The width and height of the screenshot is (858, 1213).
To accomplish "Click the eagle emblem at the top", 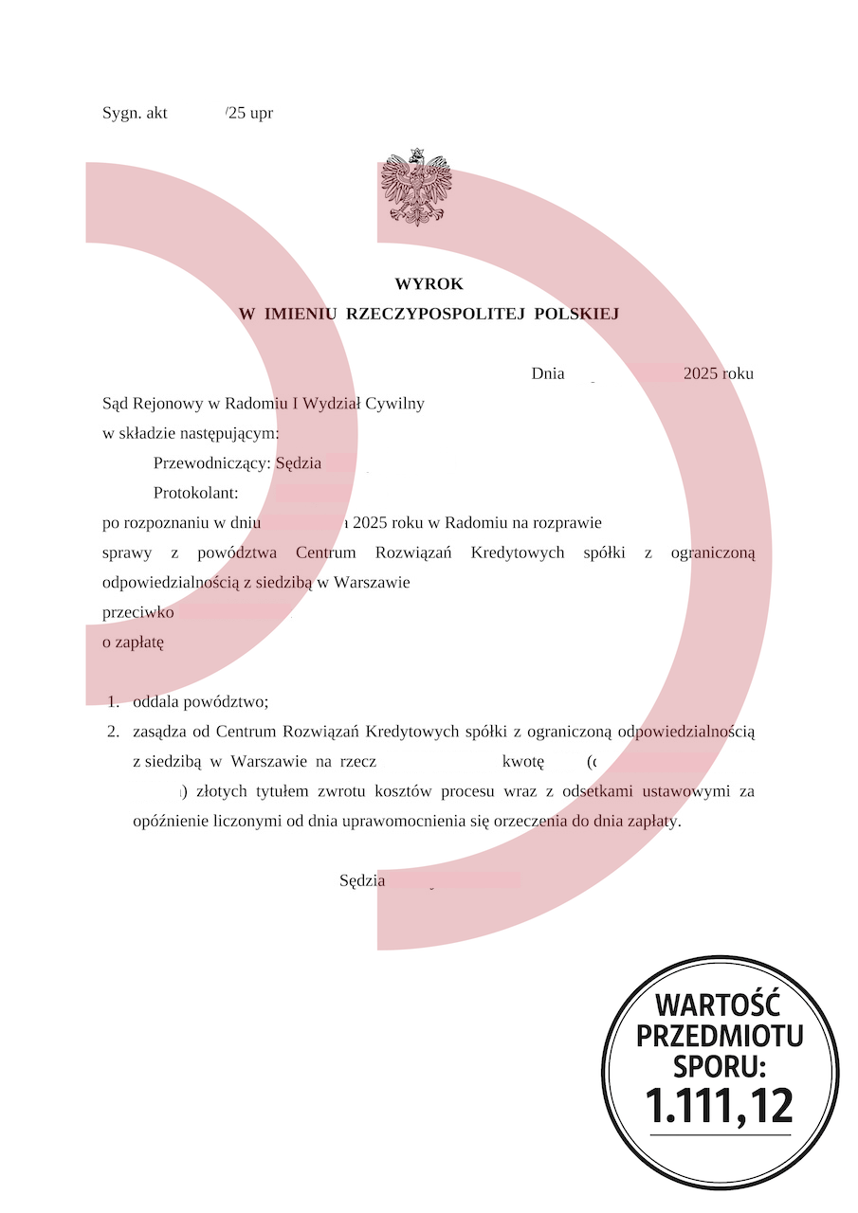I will coord(417,187).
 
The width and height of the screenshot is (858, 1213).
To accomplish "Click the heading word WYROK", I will coord(429,284).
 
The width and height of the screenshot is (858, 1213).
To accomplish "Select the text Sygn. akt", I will coord(135,113).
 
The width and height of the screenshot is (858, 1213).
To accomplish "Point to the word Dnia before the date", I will coord(548,373).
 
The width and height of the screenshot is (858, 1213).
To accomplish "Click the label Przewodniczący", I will coord(211,463).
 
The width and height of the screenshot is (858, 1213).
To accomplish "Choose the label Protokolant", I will coord(195,493).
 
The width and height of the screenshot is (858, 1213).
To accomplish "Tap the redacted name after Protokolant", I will coord(331,493).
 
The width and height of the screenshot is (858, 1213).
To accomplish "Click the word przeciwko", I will coord(137,612).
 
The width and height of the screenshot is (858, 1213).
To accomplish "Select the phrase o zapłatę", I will coord(133,643).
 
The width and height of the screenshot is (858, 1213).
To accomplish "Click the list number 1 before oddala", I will coord(113,702).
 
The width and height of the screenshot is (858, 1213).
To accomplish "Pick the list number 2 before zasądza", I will coord(113,732).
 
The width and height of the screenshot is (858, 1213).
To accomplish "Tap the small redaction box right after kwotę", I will coord(563,761).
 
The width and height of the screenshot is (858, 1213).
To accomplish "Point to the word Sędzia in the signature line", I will coord(362,880).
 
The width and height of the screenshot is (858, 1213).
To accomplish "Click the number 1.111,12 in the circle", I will coord(720,1104).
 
